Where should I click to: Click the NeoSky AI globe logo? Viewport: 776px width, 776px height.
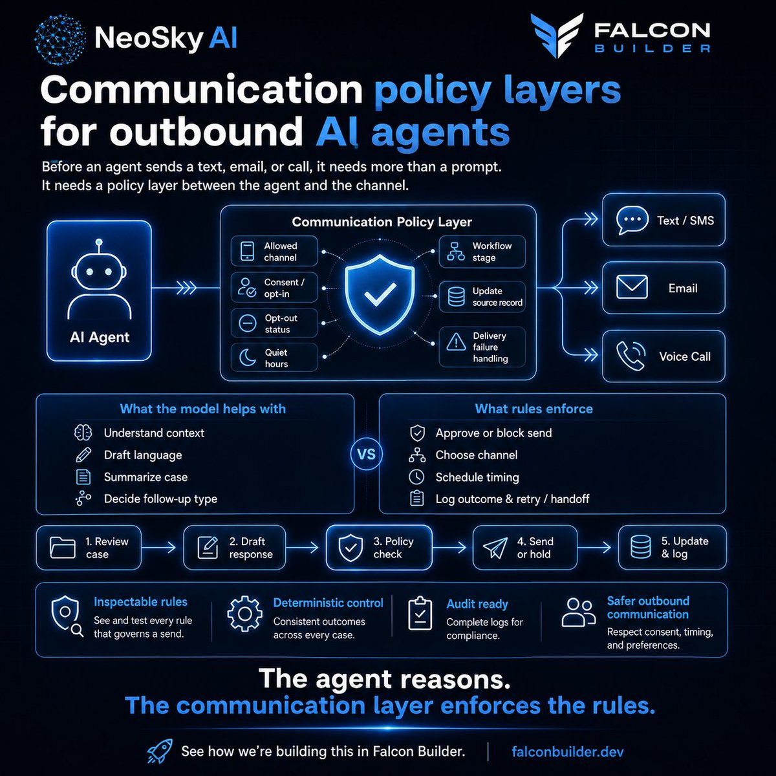pos(59,39)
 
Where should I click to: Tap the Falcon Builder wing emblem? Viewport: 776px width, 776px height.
pos(557,36)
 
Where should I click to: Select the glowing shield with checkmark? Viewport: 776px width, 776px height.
pos(380,295)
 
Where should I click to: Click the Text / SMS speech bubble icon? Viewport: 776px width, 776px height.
pos(632,220)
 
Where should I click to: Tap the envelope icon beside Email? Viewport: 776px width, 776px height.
pos(632,288)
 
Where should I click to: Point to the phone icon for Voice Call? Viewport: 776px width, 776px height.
pos(631,356)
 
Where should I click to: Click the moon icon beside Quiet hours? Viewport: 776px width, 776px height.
pos(247,357)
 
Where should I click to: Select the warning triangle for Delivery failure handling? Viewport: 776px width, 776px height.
pos(457,342)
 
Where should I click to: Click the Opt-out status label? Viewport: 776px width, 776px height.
pos(281,324)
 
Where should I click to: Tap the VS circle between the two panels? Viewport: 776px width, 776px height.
pos(366,454)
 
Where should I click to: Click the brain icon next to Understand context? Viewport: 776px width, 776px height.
pos(83,433)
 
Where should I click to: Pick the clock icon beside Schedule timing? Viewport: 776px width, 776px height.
pos(416,477)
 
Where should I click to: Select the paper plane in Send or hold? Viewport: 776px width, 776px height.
pos(495,548)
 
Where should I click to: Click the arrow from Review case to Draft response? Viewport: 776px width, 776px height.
pos(158,547)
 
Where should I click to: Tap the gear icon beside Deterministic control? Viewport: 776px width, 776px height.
pos(244,614)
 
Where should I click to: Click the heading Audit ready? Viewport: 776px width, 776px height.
pos(477,603)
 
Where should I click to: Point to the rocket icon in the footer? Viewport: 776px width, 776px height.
pos(160,751)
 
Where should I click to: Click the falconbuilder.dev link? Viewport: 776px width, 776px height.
pos(567,751)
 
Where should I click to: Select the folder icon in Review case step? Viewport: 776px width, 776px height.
pos(63,547)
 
